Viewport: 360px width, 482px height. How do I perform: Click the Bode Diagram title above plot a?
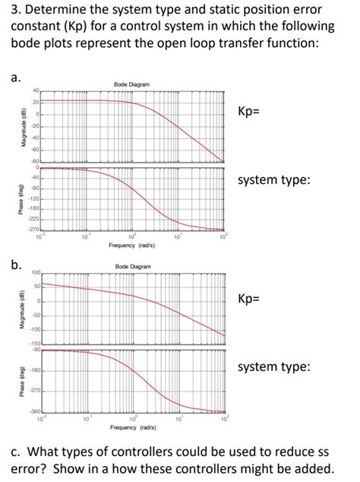click(131, 84)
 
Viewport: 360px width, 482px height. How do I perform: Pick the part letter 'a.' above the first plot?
click(15, 77)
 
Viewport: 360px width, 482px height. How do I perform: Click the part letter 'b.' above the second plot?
click(15, 264)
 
